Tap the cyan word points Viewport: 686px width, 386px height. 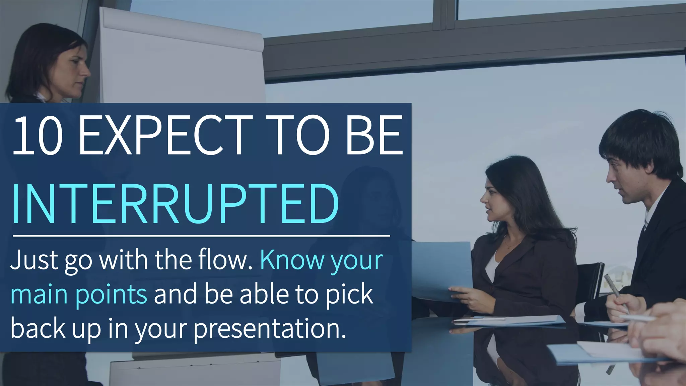(111, 294)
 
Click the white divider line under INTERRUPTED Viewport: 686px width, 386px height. (201, 236)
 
